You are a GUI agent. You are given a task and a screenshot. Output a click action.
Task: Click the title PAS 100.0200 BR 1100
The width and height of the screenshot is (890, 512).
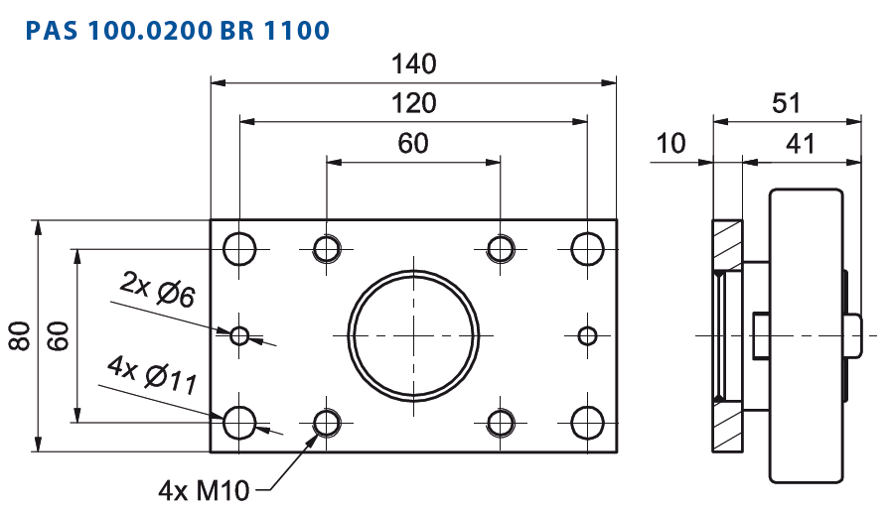coord(177,30)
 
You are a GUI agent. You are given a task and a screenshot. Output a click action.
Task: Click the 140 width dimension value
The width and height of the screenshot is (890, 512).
coord(414,64)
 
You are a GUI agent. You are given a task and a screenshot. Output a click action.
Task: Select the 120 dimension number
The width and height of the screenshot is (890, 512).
coord(414,103)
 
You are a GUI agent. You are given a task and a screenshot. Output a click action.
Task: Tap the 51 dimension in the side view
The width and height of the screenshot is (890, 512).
coord(786,103)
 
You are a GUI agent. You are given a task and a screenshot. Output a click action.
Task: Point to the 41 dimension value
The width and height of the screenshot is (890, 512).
coord(801,144)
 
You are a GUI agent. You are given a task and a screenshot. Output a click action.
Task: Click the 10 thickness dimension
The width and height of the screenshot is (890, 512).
coord(670,144)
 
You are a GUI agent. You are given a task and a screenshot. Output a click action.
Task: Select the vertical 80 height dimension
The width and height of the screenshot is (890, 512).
coord(21,335)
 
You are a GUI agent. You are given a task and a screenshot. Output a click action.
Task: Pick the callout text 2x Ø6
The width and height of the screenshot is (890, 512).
coord(158,289)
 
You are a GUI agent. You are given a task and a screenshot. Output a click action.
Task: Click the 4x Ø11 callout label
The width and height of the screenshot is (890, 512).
coord(153,375)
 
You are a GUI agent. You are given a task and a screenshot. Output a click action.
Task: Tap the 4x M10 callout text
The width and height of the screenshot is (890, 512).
coord(204,490)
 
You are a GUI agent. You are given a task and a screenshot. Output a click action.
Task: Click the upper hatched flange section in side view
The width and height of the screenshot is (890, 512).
coord(728,244)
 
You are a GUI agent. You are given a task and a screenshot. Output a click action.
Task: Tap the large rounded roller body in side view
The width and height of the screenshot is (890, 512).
coord(806,335)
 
